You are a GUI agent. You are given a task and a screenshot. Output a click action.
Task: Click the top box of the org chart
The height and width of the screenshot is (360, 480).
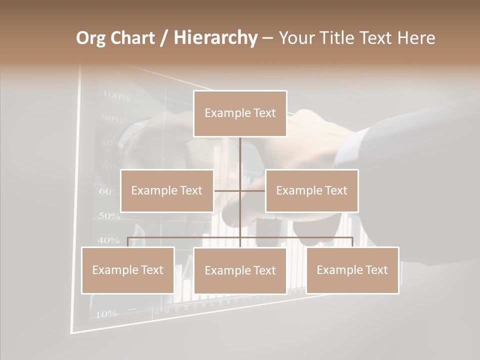240,113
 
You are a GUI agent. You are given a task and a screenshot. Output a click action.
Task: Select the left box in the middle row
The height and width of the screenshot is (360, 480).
167,190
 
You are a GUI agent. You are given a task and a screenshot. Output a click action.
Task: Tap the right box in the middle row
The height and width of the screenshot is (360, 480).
311,190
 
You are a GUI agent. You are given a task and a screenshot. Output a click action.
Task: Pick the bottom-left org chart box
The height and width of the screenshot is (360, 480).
128,270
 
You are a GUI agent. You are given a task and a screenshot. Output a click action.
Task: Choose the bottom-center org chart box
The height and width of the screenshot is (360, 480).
240,270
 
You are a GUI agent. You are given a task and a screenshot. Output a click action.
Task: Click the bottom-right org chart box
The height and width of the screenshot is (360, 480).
352,270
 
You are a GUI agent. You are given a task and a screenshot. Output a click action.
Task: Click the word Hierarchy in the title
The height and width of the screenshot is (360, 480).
215,38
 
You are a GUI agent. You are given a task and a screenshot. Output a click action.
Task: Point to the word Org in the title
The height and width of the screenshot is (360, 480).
90,38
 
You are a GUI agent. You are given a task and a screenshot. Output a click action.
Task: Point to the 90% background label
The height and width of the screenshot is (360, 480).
112,119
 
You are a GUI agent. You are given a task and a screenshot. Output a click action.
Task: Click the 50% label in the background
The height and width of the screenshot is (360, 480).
109,216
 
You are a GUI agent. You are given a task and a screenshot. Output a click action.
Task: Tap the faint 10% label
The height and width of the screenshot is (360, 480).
106,314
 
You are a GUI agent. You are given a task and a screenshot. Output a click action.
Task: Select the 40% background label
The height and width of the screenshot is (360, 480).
108,240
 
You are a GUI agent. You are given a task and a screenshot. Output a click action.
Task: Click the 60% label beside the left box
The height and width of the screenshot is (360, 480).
108,191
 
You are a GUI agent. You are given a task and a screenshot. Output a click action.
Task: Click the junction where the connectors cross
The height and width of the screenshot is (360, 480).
240,190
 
